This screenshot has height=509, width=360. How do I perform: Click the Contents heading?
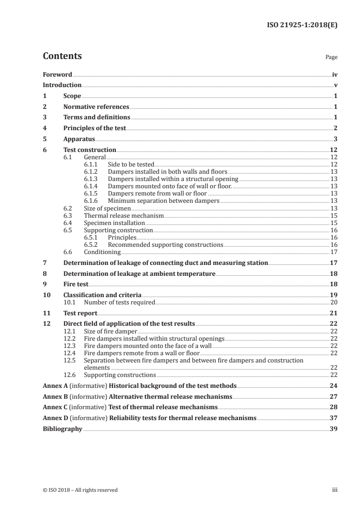click(62, 56)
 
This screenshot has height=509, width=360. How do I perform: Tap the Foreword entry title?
click(57, 74)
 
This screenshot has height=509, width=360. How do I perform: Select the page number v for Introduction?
click(335, 85)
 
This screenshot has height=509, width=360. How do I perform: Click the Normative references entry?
click(96, 107)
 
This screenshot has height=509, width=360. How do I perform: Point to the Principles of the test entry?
click(94, 128)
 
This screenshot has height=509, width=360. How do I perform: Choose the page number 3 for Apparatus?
click(335, 139)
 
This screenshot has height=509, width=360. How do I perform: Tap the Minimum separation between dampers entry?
click(163, 201)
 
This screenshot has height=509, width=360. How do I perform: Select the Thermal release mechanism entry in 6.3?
click(124, 215)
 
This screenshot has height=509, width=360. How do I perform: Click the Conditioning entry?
click(102, 252)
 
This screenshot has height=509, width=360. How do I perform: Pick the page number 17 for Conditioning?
click(333, 252)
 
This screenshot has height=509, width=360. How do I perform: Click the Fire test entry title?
click(76, 284)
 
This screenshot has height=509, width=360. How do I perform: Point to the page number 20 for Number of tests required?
click(333, 302)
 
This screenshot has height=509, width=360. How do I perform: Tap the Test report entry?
click(80, 313)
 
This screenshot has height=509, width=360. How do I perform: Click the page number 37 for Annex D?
click(333, 418)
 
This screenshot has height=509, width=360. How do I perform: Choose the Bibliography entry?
click(62, 429)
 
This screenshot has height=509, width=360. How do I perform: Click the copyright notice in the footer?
click(80, 490)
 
